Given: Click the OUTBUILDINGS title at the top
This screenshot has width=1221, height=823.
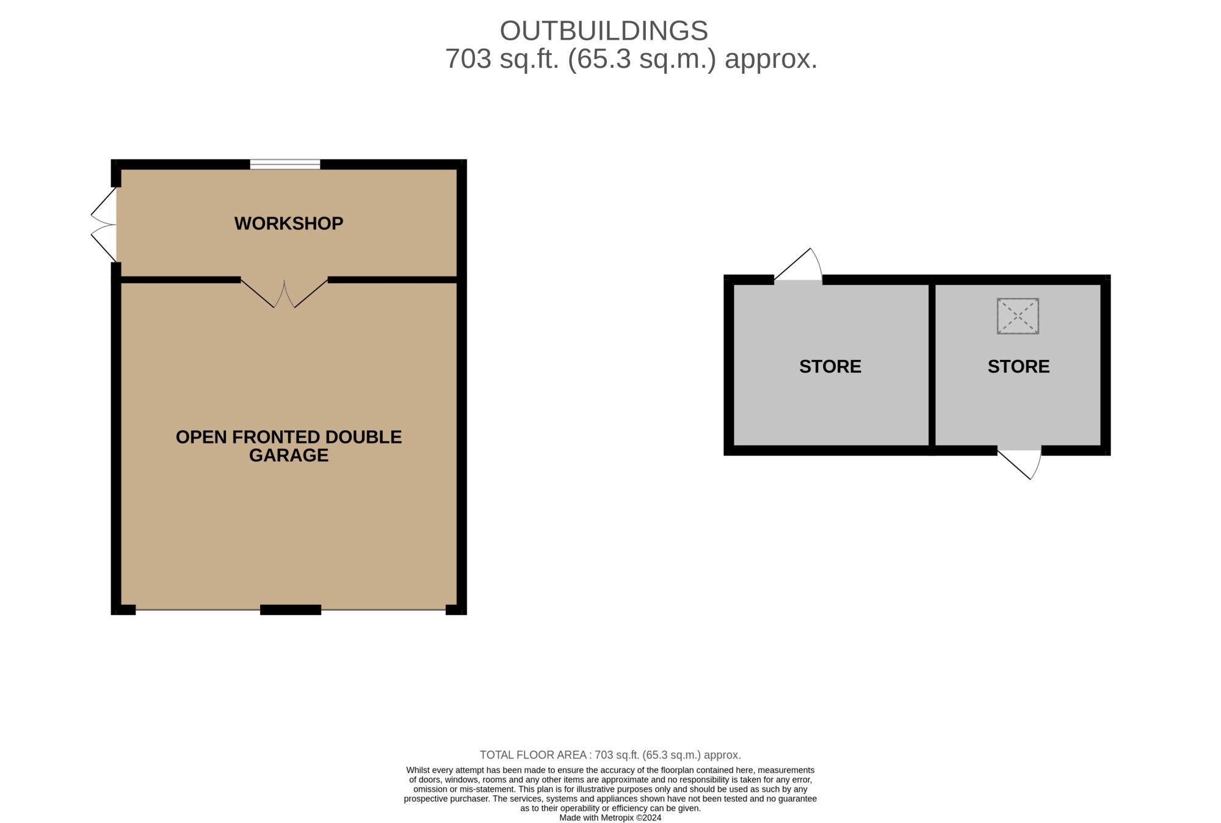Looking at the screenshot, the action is tap(604, 31).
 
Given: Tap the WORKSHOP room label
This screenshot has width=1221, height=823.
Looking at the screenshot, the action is tap(289, 223).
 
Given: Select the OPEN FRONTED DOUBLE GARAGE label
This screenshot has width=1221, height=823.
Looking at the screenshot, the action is tap(289, 446).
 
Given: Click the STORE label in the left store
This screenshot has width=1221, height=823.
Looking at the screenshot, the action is tap(830, 366).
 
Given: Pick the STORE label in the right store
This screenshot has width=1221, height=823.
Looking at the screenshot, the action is tap(1018, 366).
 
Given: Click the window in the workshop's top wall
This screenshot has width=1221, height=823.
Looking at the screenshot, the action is tap(285, 164).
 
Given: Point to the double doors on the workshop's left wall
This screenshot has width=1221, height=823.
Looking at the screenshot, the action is tap(104, 225).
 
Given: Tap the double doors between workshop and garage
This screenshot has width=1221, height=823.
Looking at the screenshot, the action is tap(284, 293).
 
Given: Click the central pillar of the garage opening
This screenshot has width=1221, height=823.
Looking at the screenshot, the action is tap(291, 609).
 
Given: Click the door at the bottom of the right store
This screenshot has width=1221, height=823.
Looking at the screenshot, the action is tap(1020, 464).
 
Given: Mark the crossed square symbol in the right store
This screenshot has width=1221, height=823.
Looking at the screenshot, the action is tap(1018, 316).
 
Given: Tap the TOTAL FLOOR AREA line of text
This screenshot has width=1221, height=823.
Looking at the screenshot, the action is tap(610, 755).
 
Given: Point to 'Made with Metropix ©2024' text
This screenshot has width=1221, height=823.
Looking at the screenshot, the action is tap(610, 818).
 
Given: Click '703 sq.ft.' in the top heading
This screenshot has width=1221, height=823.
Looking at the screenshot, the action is tap(502, 59).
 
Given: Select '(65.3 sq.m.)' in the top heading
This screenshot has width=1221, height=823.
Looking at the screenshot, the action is tap(642, 59).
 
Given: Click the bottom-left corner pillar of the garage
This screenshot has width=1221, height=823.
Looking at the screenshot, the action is tap(123, 609).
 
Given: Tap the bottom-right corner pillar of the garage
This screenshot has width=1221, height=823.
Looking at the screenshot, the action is tap(456, 609).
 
